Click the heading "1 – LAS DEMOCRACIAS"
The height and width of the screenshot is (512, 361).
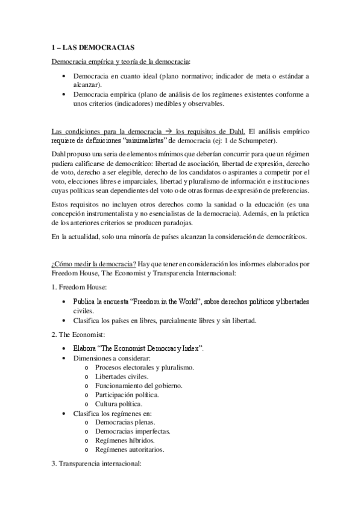[x=93, y=47]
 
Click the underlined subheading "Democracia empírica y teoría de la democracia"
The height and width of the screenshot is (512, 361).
[x=121, y=62]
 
